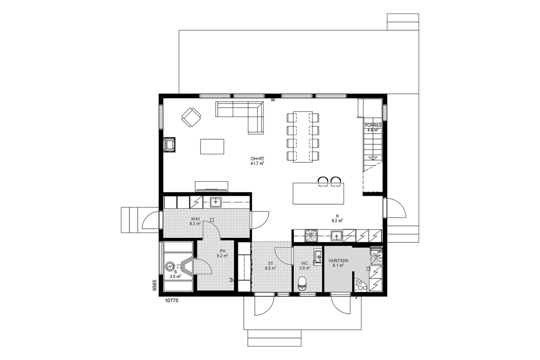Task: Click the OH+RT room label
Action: coord(257,159)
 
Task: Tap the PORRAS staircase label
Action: coord(373,125)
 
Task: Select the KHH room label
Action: coord(195,219)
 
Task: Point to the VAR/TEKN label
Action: coord(338,261)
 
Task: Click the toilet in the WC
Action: coord(302,283)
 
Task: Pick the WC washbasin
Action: coord(318,258)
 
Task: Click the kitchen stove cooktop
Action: coord(312,236)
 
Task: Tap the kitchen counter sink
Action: coord(336,236)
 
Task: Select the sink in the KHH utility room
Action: coord(216,202)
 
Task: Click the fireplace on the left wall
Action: coord(169,145)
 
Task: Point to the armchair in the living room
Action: coord(191,117)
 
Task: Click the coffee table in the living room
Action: coord(212,146)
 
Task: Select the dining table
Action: coord(303,137)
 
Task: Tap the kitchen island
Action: coord(318,193)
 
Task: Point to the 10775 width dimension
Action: coord(172,301)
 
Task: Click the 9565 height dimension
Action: coord(155,285)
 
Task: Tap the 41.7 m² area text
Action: coord(257,163)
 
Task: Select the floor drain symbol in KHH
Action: coord(212,220)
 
